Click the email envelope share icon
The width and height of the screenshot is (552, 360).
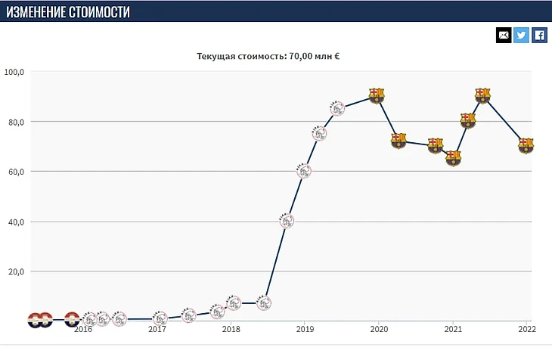pyautogui.click(x=504, y=35)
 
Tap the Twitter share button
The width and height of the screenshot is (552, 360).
pyautogui.click(x=522, y=35)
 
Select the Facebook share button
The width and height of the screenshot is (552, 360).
pyautogui.click(x=540, y=35)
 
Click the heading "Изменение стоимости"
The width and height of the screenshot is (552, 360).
pyautogui.click(x=67, y=11)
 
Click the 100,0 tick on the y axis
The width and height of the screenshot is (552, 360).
pyautogui.click(x=14, y=72)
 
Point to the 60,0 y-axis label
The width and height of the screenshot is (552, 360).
pyautogui.click(x=14, y=172)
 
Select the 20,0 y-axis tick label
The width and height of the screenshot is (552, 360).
pyautogui.click(x=14, y=272)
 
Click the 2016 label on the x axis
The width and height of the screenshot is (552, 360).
pyautogui.click(x=84, y=329)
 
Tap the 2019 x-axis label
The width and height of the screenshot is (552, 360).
pyautogui.click(x=305, y=329)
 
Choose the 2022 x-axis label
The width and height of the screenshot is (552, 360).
pyautogui.click(x=526, y=329)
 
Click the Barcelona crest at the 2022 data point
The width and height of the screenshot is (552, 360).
pyautogui.click(x=526, y=146)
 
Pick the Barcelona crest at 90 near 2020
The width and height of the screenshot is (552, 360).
pyautogui.click(x=377, y=95)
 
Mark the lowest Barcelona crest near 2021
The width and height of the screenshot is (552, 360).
pyautogui.click(x=453, y=159)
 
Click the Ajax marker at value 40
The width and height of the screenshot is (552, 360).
pyautogui.click(x=287, y=221)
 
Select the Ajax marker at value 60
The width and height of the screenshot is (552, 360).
pyautogui.click(x=304, y=171)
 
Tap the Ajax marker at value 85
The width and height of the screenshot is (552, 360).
pyautogui.click(x=338, y=108)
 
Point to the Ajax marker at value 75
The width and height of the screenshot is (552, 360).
pyautogui.click(x=320, y=134)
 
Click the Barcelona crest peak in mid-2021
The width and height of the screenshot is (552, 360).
pyautogui.click(x=483, y=95)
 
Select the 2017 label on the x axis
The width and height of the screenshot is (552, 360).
pyautogui.click(x=157, y=329)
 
